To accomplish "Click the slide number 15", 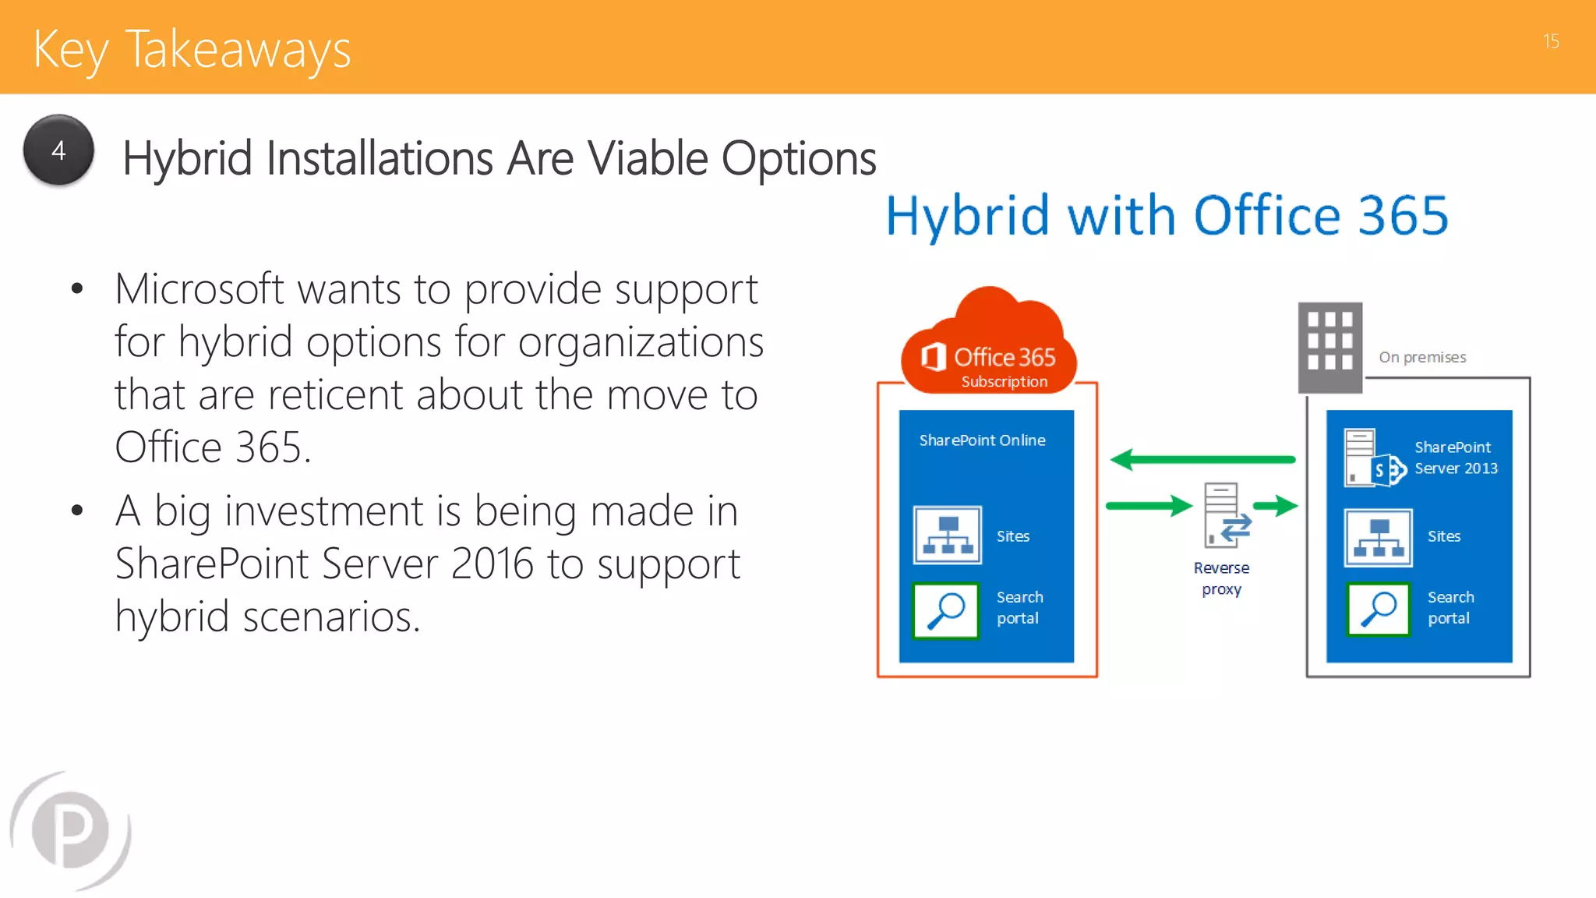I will click(x=1551, y=41).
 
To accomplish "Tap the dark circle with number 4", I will click(x=58, y=150).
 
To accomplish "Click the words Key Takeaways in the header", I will click(x=192, y=50).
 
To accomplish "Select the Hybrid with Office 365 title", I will click(x=1167, y=216).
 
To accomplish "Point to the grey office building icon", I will click(x=1329, y=347).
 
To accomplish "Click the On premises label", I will click(x=1422, y=357).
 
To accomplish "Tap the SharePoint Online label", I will click(x=982, y=440).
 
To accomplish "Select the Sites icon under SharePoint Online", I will click(x=948, y=536).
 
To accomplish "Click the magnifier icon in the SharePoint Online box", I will click(x=946, y=610).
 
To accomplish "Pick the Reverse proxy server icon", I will click(x=1223, y=515).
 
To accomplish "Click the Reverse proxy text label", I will click(x=1221, y=578).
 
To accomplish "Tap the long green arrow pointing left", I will click(x=1202, y=460).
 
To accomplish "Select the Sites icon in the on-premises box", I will click(x=1378, y=537).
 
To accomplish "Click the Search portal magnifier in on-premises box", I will click(x=1378, y=610).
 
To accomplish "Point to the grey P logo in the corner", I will click(x=70, y=830).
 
